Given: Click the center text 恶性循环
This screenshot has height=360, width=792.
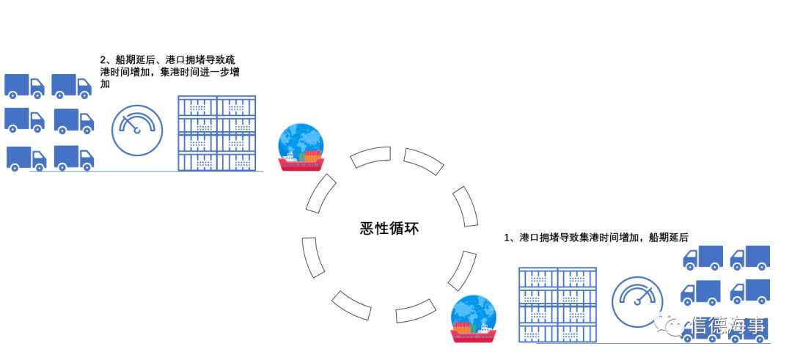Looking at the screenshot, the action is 389,228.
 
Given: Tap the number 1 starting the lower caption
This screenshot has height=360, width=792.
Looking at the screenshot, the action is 507,238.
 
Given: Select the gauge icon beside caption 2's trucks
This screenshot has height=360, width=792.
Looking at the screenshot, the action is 137,131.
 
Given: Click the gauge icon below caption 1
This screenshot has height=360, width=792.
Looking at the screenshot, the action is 637,301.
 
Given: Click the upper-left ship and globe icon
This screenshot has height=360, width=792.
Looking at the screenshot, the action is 301,147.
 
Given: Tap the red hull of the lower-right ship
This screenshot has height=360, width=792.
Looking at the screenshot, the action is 473,336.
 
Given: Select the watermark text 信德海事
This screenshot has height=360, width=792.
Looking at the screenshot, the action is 729,326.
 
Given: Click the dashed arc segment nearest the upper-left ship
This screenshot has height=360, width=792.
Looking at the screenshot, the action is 320,193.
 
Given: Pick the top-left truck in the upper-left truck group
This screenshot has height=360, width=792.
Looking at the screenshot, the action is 24,86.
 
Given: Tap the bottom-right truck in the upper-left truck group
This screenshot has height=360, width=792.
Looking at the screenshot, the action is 74,158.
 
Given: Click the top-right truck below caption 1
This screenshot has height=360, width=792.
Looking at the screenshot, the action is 750,257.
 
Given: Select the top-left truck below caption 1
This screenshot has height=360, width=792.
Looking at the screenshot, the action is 703,257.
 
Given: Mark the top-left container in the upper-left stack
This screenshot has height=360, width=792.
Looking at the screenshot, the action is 197,106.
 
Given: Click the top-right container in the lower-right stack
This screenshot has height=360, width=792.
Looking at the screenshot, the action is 577,277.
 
